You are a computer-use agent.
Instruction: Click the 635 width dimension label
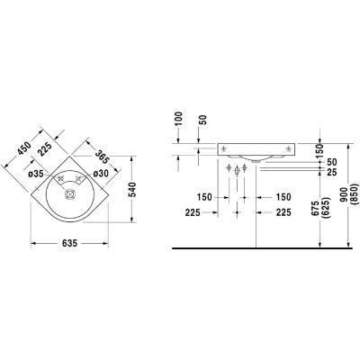coord(69,243)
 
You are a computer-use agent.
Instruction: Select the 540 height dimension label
coord(132,190)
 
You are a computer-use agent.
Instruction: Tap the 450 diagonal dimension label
coord(24,148)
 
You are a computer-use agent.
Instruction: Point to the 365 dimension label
coord(103,157)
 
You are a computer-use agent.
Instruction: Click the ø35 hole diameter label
coord(36,174)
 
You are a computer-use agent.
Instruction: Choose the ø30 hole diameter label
coord(101,174)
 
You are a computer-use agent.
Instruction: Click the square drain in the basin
coord(70,194)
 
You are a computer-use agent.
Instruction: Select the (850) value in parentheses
coord(355,194)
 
